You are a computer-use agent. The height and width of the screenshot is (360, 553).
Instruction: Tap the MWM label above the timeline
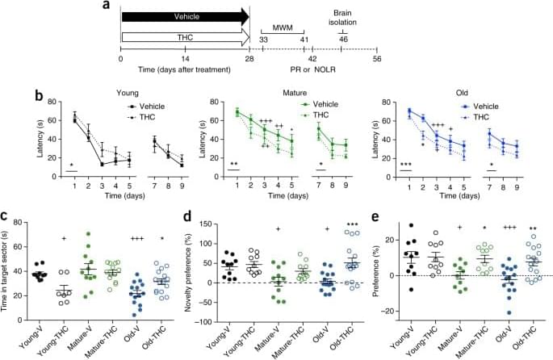[x=282, y=27]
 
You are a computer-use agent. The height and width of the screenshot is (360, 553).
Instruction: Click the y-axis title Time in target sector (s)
[x=12, y=268]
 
